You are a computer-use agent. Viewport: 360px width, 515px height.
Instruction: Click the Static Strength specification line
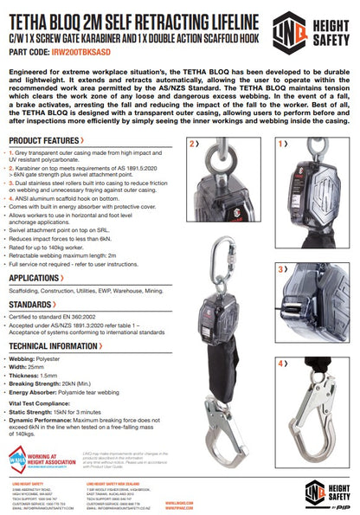pos(63,413)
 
